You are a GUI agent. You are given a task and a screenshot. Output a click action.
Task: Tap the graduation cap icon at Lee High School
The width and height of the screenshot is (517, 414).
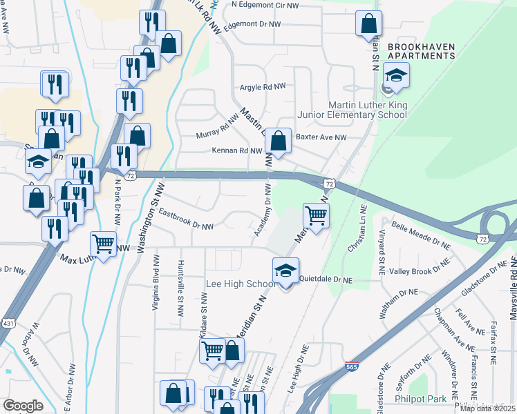pyautogui.click(x=285, y=271)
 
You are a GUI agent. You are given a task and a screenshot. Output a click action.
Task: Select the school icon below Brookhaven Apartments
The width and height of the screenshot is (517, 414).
pyautogui.click(x=395, y=76)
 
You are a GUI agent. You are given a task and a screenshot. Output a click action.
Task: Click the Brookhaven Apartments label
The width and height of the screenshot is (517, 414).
pyautogui.click(x=421, y=52)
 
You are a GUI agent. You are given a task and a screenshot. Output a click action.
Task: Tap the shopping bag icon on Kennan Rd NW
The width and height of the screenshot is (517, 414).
pyautogui.click(x=278, y=141)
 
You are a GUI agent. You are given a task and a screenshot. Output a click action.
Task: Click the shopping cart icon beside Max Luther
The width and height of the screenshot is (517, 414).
pyautogui.click(x=103, y=243)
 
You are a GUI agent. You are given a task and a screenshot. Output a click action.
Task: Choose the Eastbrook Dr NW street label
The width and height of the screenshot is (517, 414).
pyautogui.click(x=186, y=220)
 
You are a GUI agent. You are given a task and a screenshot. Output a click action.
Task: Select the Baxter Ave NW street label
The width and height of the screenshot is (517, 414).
pyautogui.click(x=321, y=137)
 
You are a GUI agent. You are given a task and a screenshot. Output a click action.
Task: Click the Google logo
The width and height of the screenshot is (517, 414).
pyautogui.click(x=23, y=406)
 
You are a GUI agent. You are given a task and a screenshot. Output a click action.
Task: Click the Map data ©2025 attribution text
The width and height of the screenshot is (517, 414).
pyautogui.click(x=487, y=408)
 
